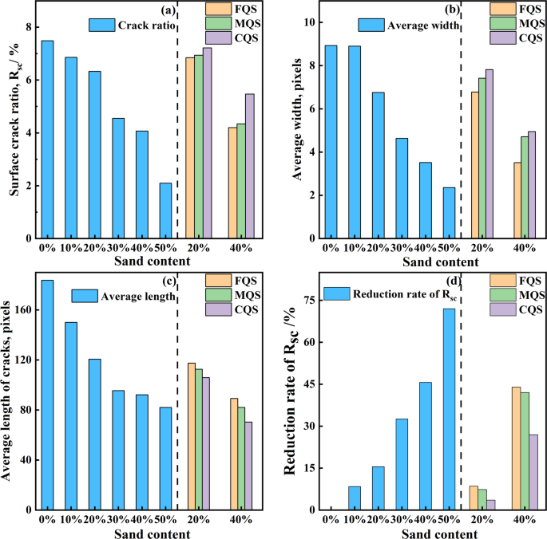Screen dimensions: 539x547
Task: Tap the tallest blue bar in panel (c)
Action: pyautogui.click(x=47, y=395)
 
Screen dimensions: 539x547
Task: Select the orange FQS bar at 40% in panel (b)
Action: pyautogui.click(x=517, y=200)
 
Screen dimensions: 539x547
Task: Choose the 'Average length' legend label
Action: pyautogui.click(x=138, y=297)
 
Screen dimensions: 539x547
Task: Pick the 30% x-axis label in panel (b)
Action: pyautogui.click(x=402, y=247)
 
